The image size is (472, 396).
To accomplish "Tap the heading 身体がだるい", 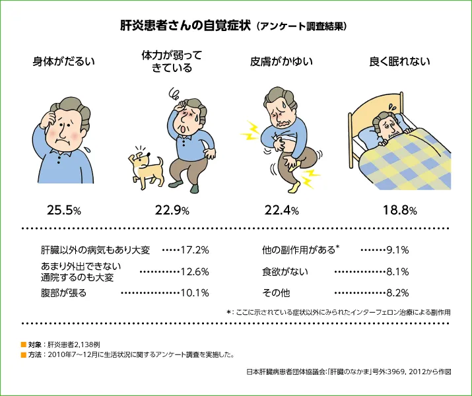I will point(64,62).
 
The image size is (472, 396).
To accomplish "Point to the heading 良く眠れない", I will point(399,62).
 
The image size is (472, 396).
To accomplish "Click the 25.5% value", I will point(64,211).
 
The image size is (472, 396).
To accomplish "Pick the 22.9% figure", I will point(172,211).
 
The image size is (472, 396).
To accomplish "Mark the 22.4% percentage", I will point(282,211).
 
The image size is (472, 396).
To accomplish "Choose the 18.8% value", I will point(399,211).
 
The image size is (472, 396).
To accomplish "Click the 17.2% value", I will point(195,250).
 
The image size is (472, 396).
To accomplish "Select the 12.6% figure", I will point(195,271).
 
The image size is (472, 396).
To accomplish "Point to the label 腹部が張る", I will point(63,292).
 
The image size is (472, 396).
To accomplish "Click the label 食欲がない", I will point(285,271).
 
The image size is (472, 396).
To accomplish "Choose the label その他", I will point(276,292).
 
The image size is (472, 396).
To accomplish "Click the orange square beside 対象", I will point(24,345).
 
